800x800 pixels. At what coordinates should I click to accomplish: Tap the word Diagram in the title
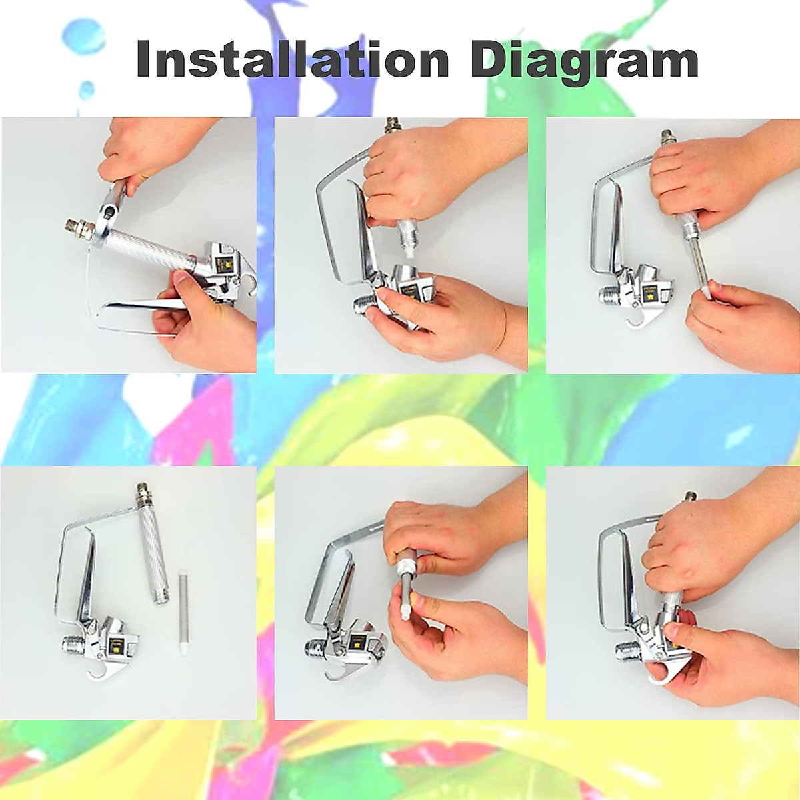pos(584,61)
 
